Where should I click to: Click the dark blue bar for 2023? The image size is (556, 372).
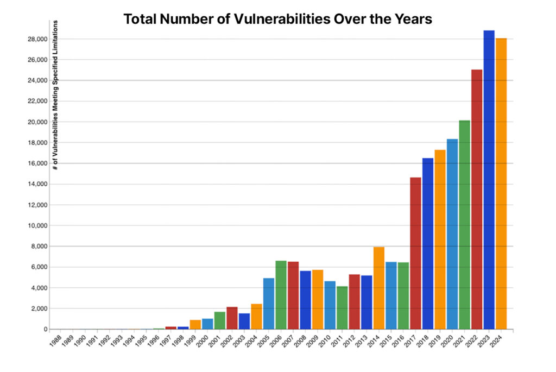pyautogui.click(x=489, y=179)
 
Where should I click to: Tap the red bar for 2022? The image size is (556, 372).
pyautogui.click(x=476, y=199)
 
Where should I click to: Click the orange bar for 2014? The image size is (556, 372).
pyautogui.click(x=378, y=288)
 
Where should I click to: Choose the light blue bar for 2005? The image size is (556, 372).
pyautogui.click(x=268, y=304)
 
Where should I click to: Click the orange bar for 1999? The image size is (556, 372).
pyautogui.click(x=195, y=324)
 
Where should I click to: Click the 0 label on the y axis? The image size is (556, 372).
pyautogui.click(x=43, y=329)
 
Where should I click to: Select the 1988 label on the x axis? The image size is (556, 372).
pyautogui.click(x=55, y=341)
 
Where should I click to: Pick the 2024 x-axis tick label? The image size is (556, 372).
pyautogui.click(x=496, y=341)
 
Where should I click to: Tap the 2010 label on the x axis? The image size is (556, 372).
pyautogui.click(x=324, y=341)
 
